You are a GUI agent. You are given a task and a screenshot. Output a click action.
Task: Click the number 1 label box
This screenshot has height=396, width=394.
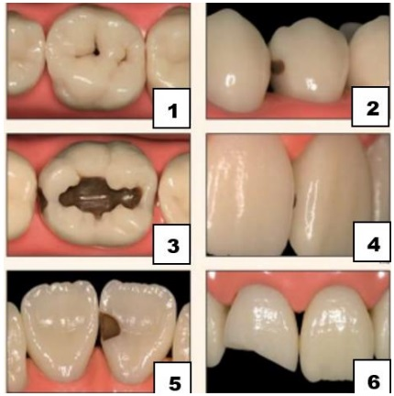171,108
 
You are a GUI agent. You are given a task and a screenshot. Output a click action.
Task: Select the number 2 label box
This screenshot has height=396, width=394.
370,106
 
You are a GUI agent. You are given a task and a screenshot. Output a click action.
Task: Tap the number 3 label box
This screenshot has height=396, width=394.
171,244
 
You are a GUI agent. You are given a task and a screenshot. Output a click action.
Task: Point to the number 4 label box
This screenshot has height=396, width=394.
372,242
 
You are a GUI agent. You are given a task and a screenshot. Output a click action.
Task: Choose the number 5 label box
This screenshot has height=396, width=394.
172,379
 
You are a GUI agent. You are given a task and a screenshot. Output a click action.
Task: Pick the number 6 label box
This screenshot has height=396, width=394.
372,377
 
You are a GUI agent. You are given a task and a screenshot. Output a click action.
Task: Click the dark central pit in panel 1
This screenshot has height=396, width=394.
96,52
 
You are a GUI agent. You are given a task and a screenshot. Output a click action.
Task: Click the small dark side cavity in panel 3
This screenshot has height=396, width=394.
42,199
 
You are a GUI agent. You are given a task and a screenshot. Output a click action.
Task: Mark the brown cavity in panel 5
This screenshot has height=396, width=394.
111,327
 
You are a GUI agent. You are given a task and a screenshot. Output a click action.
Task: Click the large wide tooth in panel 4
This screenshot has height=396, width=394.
249,195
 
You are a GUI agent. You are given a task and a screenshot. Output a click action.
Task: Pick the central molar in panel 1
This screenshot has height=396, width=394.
95,58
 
